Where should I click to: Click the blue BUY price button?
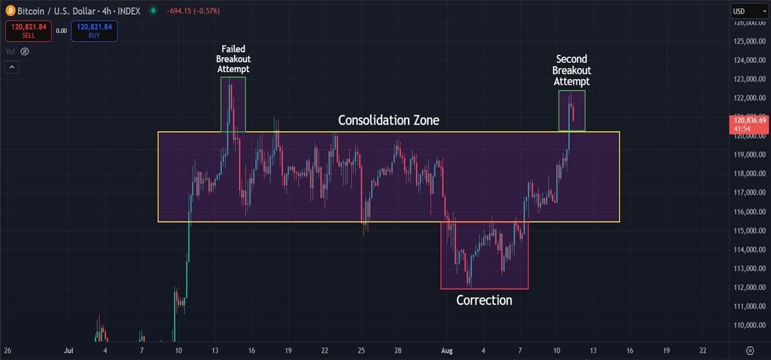[94, 30]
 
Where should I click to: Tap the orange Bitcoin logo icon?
[10, 11]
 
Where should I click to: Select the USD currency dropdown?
[747, 11]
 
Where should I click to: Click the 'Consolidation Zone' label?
[389, 120]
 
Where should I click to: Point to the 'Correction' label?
[484, 300]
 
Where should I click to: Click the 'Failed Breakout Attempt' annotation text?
[233, 59]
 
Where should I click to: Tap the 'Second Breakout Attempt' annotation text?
[572, 70]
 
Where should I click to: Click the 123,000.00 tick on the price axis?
[749, 79]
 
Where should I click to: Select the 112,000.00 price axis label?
[749, 287]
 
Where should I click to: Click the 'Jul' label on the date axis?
[69, 350]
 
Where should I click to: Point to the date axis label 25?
[362, 350]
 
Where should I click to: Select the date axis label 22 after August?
[703, 350]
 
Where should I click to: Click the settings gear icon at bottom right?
[749, 350]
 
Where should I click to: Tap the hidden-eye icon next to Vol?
[25, 51]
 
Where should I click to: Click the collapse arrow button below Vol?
[12, 67]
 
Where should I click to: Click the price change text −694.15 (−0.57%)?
[192, 11]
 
